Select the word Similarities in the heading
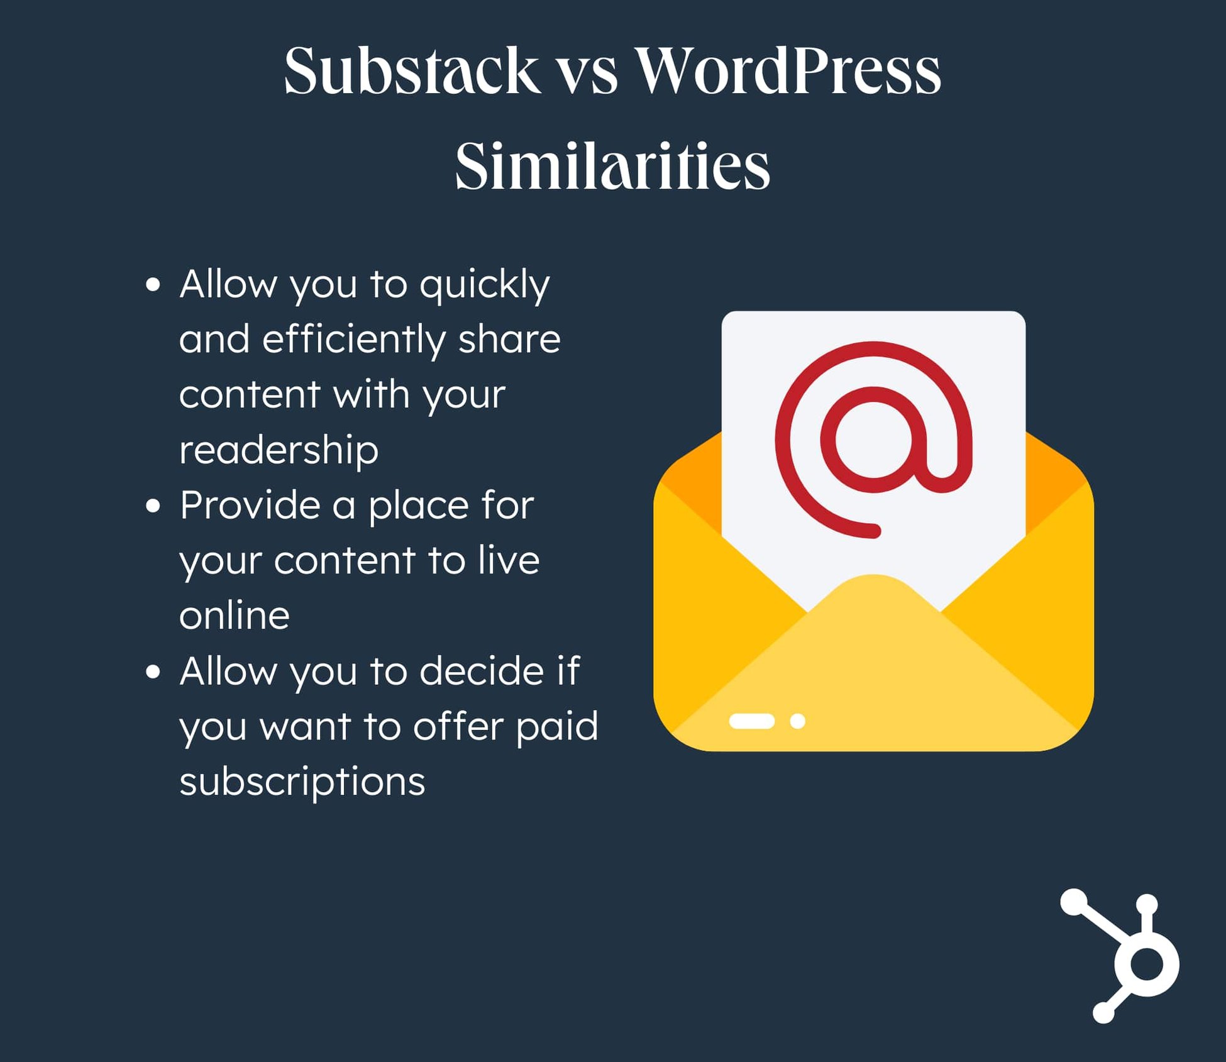pos(612,166)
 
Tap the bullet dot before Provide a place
pos(153,506)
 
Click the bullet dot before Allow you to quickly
pos(153,284)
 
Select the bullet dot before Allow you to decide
pos(153,672)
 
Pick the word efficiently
pos(353,340)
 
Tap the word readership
pos(279,450)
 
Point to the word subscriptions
pos(302,783)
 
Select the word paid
pos(556,727)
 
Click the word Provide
pos(250,506)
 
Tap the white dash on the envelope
pos(751,721)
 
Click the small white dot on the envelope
pos(798,721)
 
